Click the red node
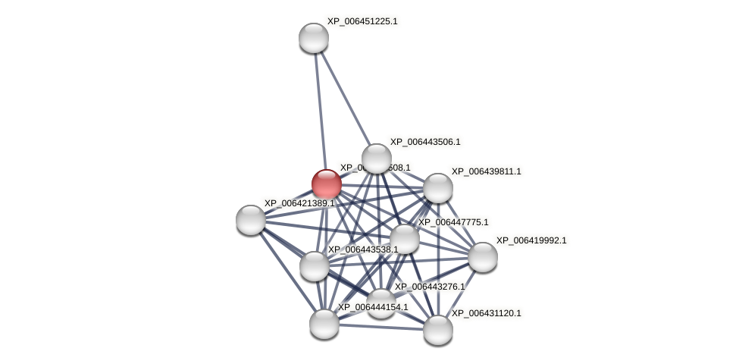tap(327, 184)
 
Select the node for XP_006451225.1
tap(314, 38)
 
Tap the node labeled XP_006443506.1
tap(377, 159)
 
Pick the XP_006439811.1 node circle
tap(438, 188)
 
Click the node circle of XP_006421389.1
tap(251, 220)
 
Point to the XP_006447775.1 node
tap(405, 239)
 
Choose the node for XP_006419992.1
tap(483, 257)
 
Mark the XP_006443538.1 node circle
tap(315, 266)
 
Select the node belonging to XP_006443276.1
tap(381, 303)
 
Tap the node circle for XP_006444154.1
tap(324, 324)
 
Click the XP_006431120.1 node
tap(438, 330)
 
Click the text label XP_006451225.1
tap(362, 21)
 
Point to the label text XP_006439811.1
tap(487, 171)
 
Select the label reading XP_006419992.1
tap(531, 240)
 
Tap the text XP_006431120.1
tap(487, 313)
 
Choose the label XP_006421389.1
tap(299, 203)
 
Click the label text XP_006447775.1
tap(453, 222)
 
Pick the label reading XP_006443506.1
tap(425, 142)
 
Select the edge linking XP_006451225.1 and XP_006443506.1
tap(345, 98)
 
